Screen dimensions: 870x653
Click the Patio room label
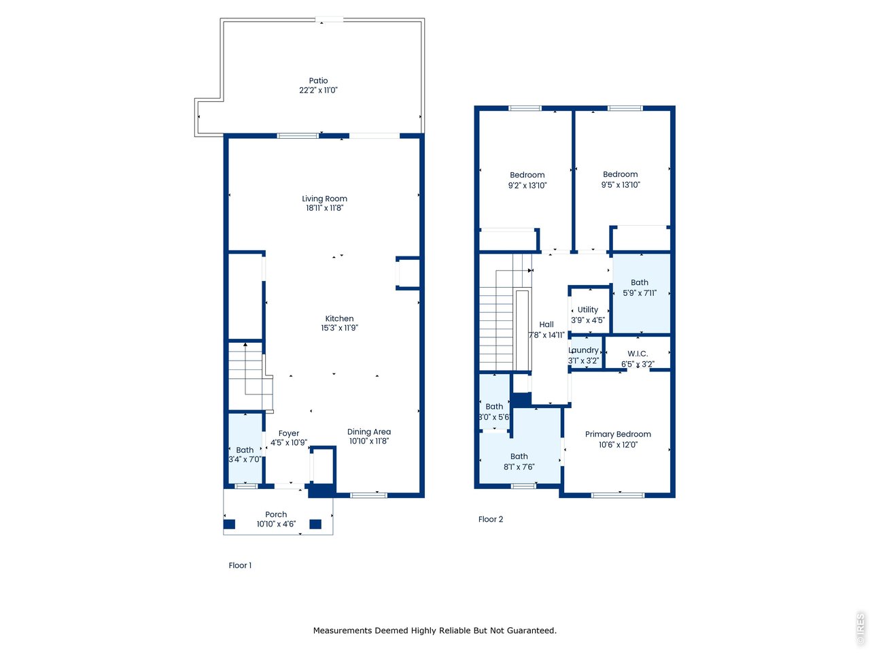[x=318, y=80]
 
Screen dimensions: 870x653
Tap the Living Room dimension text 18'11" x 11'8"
[x=324, y=207]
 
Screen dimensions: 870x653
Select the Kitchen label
[x=339, y=318]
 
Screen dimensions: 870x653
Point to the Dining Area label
[x=368, y=431]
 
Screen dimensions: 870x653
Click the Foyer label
[x=289, y=433]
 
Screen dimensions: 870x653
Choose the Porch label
[x=276, y=514]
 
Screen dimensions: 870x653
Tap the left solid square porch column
[x=229, y=524]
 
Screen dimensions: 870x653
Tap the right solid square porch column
[x=315, y=524]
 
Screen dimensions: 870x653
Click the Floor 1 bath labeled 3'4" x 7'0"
[x=245, y=454]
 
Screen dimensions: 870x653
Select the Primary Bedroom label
[x=618, y=434]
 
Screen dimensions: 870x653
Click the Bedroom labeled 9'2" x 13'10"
[x=527, y=180]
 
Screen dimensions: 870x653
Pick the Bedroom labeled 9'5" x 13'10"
[x=620, y=179]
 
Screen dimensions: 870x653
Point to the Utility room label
[x=587, y=309]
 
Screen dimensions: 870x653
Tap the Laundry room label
[x=583, y=350]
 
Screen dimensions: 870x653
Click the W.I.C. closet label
[x=638, y=353]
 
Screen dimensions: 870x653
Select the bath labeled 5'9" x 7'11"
[x=640, y=288]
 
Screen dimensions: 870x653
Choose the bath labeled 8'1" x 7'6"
[x=519, y=461]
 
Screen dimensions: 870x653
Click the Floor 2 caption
[x=490, y=519]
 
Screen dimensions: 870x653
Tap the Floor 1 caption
[x=240, y=565]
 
